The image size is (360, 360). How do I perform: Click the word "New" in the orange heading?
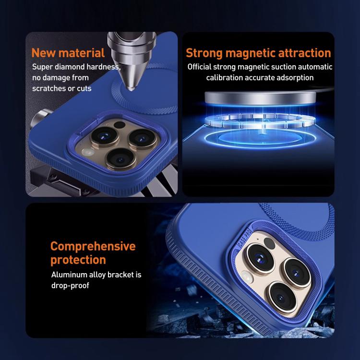click(x=43, y=53)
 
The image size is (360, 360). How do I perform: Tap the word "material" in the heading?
click(x=82, y=53)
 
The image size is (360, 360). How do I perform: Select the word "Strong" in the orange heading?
click(x=204, y=53)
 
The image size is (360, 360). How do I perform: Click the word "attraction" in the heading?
click(x=304, y=53)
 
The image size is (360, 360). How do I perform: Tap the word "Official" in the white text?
click(x=199, y=67)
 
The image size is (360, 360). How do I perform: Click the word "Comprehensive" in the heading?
click(x=93, y=247)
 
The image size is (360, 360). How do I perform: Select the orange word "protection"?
click(x=78, y=260)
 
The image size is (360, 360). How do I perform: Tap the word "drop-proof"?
click(x=70, y=286)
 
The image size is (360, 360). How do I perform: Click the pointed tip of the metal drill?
click(x=131, y=89)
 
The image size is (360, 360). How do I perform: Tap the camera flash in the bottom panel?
click(x=247, y=277)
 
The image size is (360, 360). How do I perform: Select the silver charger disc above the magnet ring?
click(x=260, y=98)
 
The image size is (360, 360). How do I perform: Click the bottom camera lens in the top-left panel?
click(x=121, y=159)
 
